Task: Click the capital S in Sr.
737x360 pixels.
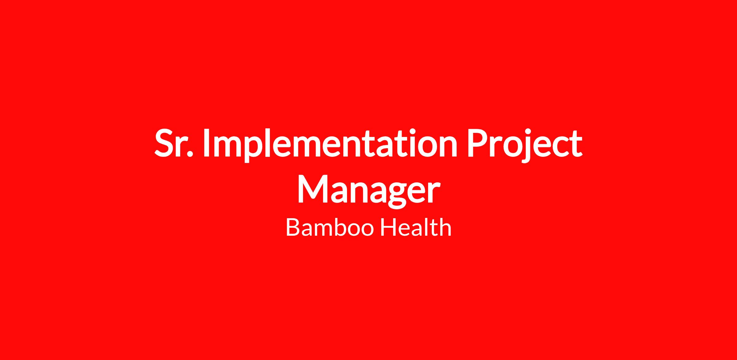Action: (164, 143)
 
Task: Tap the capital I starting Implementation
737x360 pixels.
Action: (207, 143)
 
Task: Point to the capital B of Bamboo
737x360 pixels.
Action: (293, 227)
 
